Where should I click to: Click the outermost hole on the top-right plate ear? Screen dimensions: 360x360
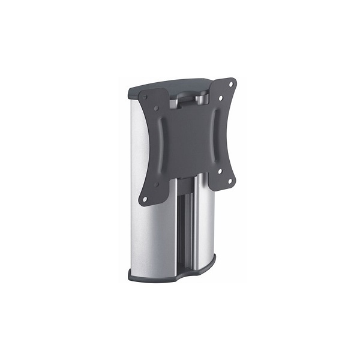click(230, 85)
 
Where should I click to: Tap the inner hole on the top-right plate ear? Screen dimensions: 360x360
click(221, 98)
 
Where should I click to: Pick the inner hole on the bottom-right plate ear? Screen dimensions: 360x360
click(220, 171)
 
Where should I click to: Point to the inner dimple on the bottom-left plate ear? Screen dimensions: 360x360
click(156, 185)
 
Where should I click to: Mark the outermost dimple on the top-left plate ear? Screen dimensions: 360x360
click(145, 97)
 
